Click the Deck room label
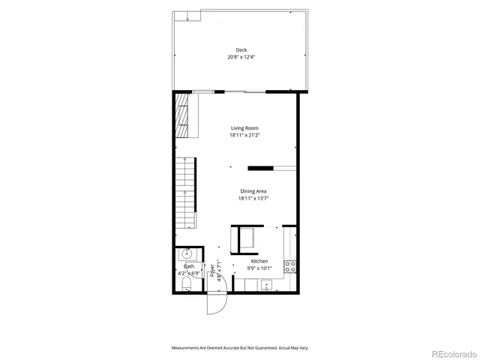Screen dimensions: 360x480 240,50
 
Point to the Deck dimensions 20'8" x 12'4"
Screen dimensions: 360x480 240,57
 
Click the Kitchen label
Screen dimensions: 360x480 259,261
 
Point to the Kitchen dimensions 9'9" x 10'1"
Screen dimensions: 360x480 259,268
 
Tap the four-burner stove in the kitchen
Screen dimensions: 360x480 291,265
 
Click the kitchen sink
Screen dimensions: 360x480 265,284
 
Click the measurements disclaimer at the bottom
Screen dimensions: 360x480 240,348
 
